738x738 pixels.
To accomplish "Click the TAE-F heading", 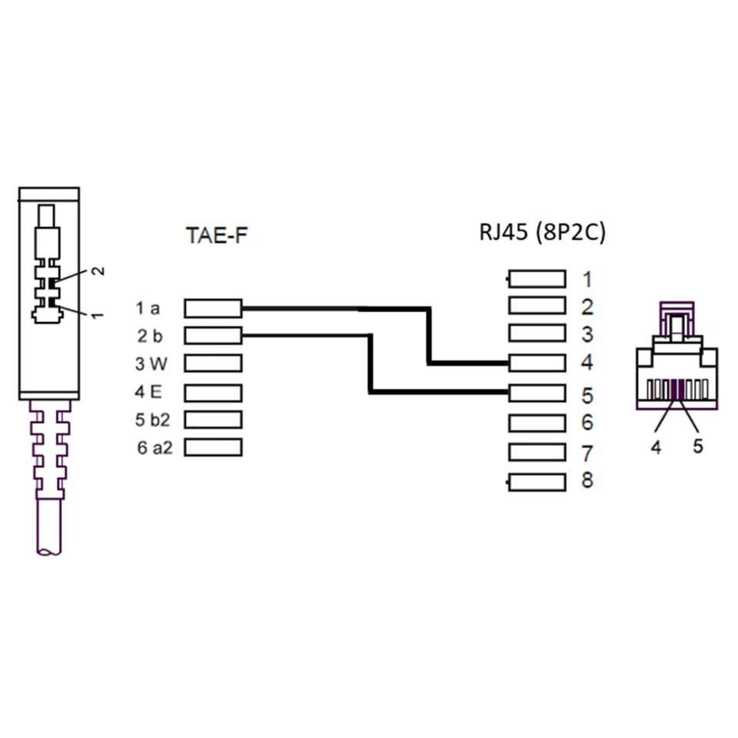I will click(x=218, y=235).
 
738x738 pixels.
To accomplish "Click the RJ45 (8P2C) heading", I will click(x=542, y=232).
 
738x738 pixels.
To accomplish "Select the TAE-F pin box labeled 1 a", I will click(x=214, y=308).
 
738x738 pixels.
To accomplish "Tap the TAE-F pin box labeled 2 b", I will click(x=214, y=335).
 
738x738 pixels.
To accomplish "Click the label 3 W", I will click(x=151, y=363).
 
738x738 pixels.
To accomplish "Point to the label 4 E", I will click(x=149, y=392).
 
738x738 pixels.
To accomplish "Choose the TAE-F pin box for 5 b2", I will click(x=214, y=419).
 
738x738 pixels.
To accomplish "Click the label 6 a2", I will click(x=155, y=447).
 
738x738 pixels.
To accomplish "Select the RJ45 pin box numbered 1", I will click(x=537, y=278).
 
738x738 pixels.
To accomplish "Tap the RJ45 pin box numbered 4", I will click(x=537, y=362).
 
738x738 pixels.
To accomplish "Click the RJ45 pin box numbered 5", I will click(x=537, y=393).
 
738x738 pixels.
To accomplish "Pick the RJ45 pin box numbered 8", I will click(x=537, y=482).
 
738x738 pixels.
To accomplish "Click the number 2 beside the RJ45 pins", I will click(x=587, y=307).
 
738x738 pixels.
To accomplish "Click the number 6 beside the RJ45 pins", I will click(x=587, y=422).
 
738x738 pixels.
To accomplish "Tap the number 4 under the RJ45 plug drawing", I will click(x=656, y=447).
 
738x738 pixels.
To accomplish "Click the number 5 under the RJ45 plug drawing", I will click(x=697, y=446).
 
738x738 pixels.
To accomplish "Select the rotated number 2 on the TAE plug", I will click(x=98, y=271).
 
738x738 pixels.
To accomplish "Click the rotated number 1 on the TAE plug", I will click(x=98, y=314).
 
